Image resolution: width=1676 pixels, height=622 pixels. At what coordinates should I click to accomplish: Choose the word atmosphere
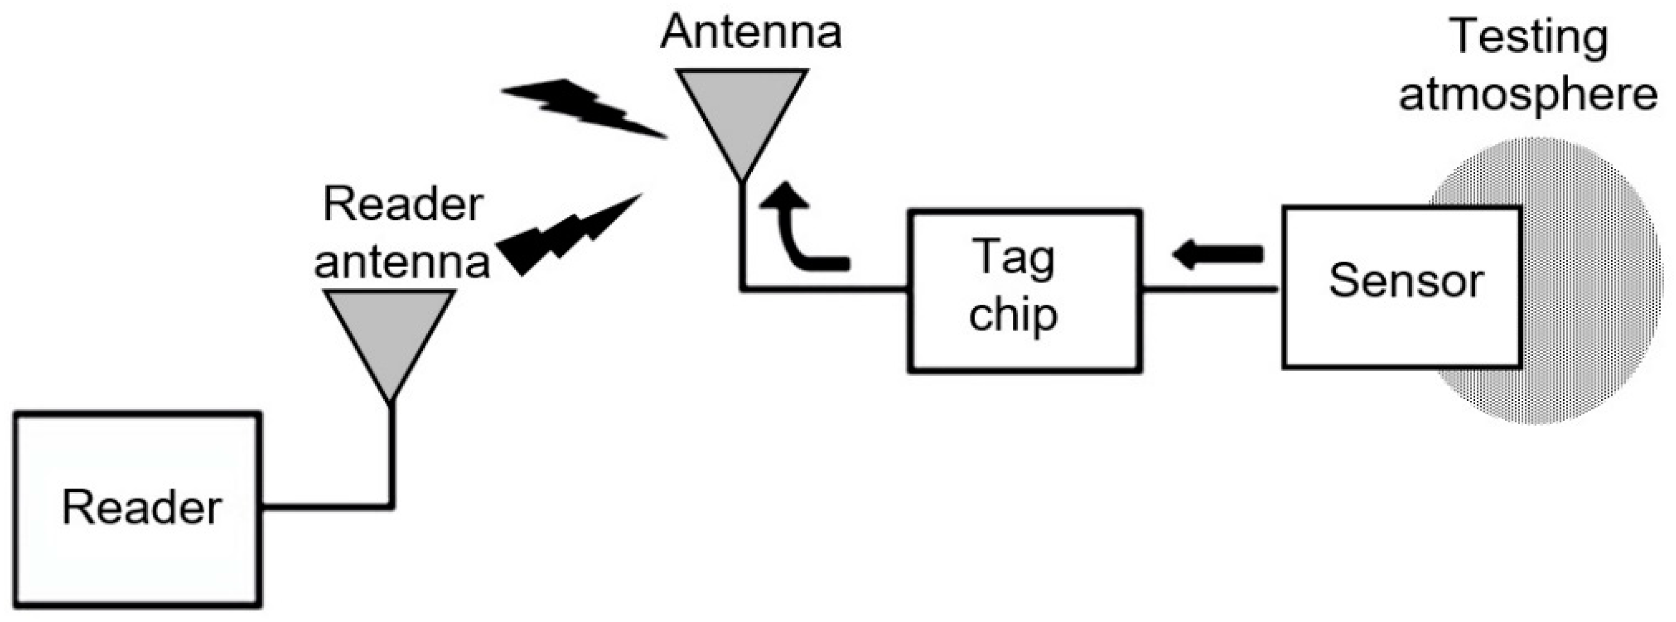click(1528, 94)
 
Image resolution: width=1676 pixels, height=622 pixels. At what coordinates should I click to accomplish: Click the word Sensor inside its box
click(1405, 281)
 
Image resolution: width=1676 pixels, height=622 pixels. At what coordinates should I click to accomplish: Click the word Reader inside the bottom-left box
click(142, 508)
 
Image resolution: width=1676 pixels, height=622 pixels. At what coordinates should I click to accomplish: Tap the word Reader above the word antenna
click(404, 205)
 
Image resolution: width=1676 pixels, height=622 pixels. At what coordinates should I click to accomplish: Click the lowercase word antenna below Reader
click(402, 262)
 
